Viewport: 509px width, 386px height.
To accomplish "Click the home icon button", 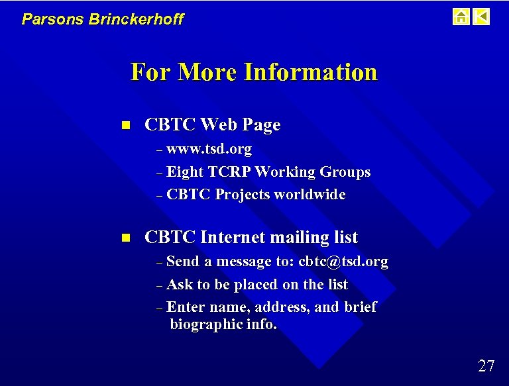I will pos(461,17).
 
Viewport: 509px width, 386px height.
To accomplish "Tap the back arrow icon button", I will pos(482,17).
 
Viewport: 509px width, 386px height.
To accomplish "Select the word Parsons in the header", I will pos(44,19).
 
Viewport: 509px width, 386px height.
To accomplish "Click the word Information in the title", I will pos(310,72).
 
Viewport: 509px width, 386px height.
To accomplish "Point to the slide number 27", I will pos(486,365).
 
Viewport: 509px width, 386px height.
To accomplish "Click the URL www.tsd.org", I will pos(209,149).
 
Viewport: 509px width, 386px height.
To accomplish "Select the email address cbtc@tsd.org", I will pos(343,262).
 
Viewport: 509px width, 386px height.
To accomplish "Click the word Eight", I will pos(185,172).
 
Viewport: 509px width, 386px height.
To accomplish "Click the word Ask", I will pos(180,285).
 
